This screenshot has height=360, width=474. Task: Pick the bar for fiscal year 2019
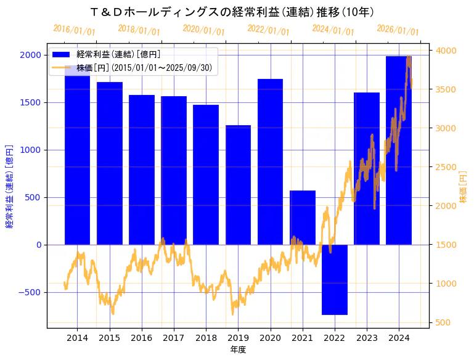click(238, 185)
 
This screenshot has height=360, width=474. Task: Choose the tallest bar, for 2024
click(399, 150)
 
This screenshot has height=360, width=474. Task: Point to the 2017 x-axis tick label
click(174, 338)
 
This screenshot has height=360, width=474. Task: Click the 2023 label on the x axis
click(367, 338)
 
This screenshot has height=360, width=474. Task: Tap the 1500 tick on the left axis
click(31, 102)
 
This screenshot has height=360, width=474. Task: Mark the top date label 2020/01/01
click(204, 30)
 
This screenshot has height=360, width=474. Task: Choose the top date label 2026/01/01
click(398, 30)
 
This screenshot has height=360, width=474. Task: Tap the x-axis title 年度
click(238, 350)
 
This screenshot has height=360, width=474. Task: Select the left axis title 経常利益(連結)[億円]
click(9, 187)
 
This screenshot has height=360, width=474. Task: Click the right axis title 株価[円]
click(464, 187)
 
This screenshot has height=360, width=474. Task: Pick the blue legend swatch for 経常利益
click(62, 55)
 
